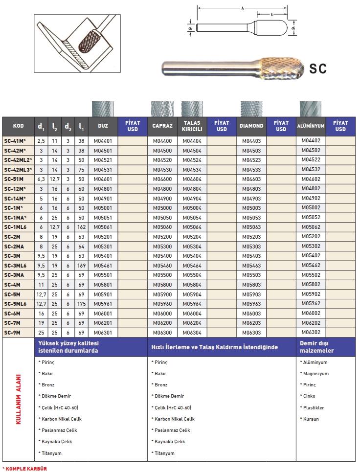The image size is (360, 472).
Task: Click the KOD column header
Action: pyautogui.click(x=18, y=126)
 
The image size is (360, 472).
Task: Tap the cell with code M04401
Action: pyautogui.click(x=103, y=141)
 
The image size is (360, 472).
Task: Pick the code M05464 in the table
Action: pyautogui.click(x=192, y=266)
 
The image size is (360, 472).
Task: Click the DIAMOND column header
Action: pyautogui.click(x=251, y=126)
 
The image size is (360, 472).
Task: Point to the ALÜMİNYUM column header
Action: pyautogui.click(x=311, y=126)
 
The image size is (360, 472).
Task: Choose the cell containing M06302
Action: pyautogui.click(x=311, y=332)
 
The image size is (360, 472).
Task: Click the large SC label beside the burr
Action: pyautogui.click(x=318, y=68)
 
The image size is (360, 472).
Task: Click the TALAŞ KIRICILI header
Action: pyautogui.click(x=192, y=126)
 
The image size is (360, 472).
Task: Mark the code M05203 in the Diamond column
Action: pyautogui.click(x=251, y=237)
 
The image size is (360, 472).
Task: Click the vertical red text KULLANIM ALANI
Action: pyautogui.click(x=19, y=399)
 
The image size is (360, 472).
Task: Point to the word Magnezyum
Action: pyautogui.click(x=316, y=374)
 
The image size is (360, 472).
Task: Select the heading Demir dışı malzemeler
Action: pyautogui.click(x=316, y=347)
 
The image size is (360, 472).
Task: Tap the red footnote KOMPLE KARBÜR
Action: pyautogui.click(x=25, y=468)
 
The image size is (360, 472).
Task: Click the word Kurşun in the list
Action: pyautogui.click(x=311, y=419)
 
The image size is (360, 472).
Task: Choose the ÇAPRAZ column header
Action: pyautogui.click(x=162, y=126)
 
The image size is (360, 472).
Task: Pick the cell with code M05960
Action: pyautogui.click(x=162, y=304)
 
